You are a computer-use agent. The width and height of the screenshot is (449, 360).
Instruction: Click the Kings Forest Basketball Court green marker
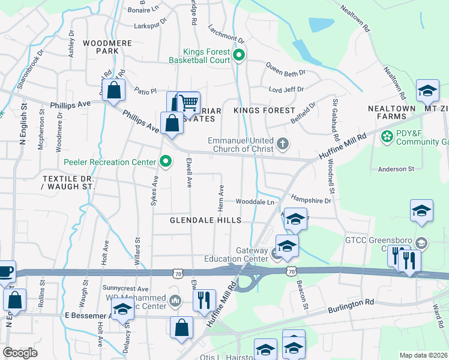tap(239, 56)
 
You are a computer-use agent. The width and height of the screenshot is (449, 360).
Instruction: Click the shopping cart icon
tap(189, 103)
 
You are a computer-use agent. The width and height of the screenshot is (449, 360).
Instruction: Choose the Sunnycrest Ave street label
tap(125, 289)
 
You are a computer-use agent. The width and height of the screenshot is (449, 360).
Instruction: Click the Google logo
tap(20, 353)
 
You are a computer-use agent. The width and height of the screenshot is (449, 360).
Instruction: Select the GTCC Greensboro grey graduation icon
tap(421, 243)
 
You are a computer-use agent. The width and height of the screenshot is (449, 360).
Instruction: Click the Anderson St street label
tap(396, 169)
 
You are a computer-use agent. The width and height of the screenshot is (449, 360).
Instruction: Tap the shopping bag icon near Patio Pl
tap(113, 91)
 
